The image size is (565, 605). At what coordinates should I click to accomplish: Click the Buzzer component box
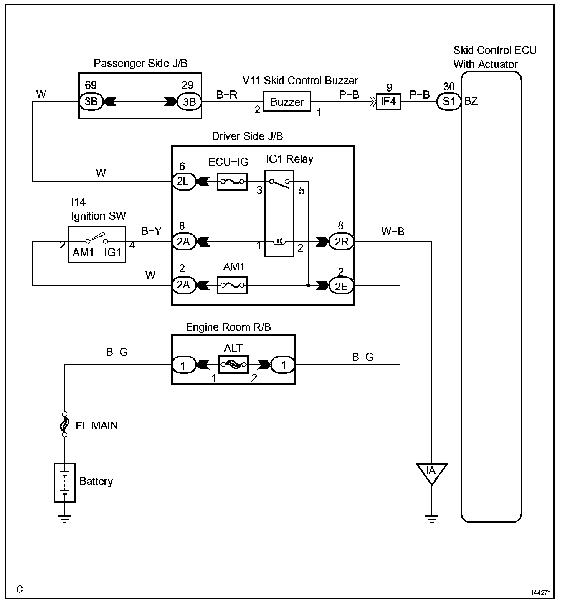pos(287,102)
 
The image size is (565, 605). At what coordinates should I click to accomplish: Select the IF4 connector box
pos(388,102)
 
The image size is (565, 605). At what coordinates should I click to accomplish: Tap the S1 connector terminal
pos(449,102)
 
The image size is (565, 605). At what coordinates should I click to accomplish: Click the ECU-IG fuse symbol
pos(232,181)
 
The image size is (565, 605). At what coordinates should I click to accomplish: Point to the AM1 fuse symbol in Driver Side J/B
pos(232,285)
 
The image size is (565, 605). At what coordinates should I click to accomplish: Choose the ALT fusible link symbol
pos(233,365)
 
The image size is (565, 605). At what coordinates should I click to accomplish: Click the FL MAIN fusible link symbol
pos(64,424)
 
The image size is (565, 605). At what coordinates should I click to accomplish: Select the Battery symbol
pos(64,483)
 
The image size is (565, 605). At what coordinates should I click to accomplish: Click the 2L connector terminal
pos(183,181)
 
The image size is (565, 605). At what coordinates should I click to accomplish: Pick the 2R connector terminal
pos(342,242)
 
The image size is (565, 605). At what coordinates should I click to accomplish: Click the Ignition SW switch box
pos(97,245)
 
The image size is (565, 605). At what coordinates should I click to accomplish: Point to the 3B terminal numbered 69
pos(91,102)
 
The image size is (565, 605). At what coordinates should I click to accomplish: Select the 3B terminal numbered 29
pos(189,102)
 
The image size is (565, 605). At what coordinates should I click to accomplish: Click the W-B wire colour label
pos(393,231)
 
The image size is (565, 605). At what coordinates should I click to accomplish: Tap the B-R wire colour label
pos(227,95)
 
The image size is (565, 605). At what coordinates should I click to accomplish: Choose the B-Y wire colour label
pos(151,231)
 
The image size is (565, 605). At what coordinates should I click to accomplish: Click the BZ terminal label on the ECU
pos(471,101)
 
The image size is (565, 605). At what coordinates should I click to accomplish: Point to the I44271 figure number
pos(541,593)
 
